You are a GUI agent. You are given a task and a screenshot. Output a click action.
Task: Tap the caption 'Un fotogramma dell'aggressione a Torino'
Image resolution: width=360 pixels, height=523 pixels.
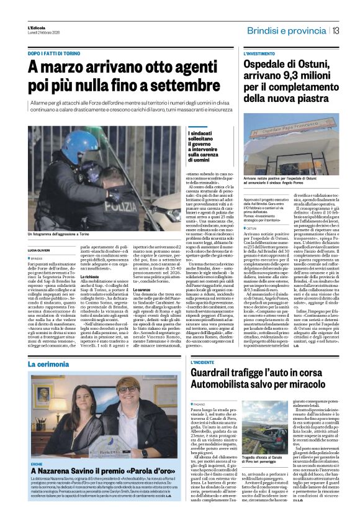67,234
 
